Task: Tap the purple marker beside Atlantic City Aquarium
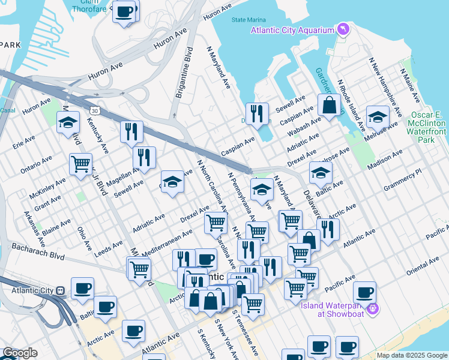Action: click(342, 28)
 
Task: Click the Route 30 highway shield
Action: click(95, 110)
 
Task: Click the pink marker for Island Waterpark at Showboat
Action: click(373, 308)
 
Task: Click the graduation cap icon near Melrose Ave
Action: click(378, 116)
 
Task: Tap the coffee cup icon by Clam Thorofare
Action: click(124, 11)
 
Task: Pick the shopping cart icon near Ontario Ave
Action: click(80, 163)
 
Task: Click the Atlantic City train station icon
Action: click(60, 290)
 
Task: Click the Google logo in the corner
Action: click(20, 353)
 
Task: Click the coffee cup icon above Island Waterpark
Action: click(364, 292)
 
